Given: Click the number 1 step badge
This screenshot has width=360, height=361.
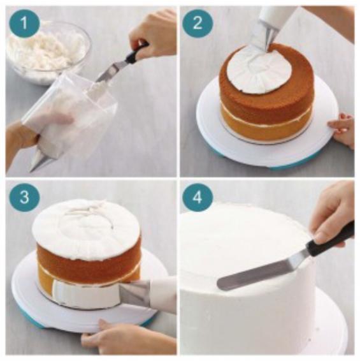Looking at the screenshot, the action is coord(24,23).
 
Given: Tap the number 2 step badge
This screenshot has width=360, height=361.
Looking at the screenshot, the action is coord(198,23).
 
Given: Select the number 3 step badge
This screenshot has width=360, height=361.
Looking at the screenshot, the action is coord(24,197).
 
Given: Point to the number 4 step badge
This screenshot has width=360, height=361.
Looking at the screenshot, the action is coord(198,197).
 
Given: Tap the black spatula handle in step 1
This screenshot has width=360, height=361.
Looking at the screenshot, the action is coord(136,52).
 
